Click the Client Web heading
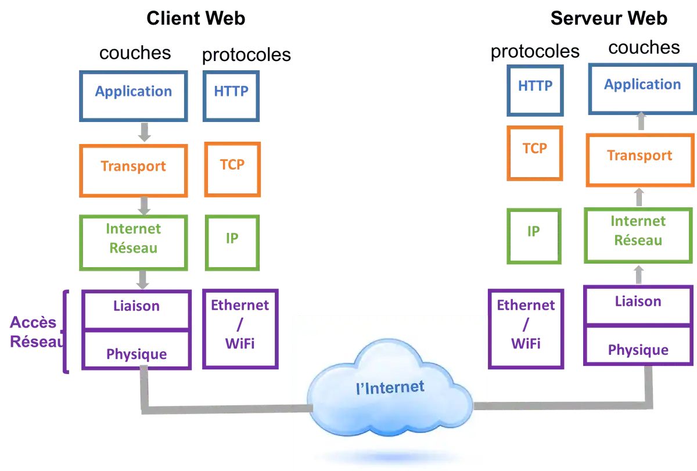tap(196, 19)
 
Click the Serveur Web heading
tap(609, 19)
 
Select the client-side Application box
tap(134, 92)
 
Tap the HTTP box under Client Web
tap(231, 92)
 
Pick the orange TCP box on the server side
tap(535, 150)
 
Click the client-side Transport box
tap(134, 167)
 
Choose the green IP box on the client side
tap(232, 239)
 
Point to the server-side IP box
tap(534, 232)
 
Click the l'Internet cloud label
tap(390, 387)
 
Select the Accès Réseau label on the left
tap(35, 332)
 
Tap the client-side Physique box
tap(137, 353)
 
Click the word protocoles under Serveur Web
tap(534, 52)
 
